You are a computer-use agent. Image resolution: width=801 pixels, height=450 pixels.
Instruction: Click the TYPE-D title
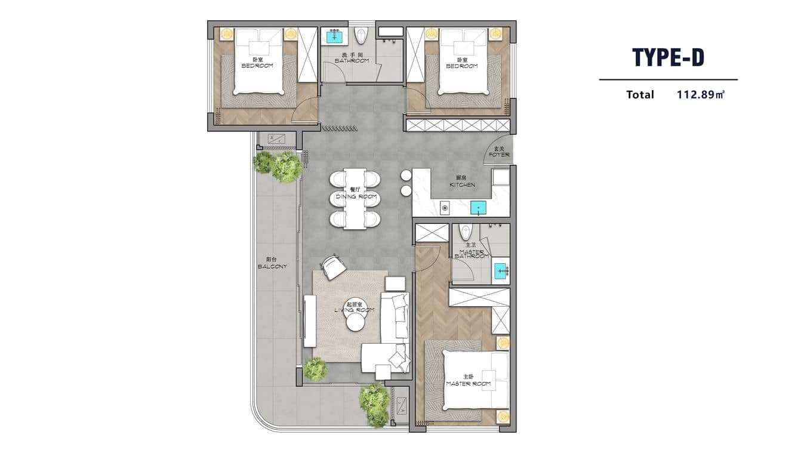[668, 57]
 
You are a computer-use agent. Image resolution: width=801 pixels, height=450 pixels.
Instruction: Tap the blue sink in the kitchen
[478, 208]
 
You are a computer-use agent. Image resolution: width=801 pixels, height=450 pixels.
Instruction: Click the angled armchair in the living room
[333, 266]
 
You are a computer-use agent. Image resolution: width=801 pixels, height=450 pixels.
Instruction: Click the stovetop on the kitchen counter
[445, 208]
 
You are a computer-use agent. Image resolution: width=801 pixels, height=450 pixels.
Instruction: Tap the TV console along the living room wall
[309, 321]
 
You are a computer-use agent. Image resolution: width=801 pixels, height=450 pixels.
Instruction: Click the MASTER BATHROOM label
[471, 252]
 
